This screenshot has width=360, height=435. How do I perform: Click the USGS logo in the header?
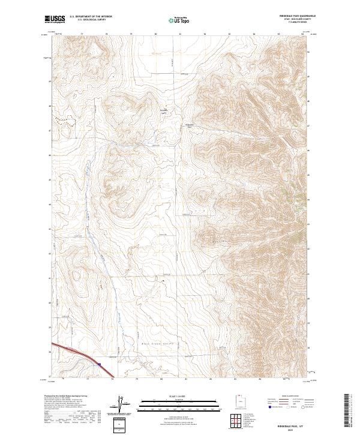point(55,19)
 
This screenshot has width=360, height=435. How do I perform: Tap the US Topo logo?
point(173,20)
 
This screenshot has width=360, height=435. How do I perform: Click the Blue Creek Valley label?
point(155,343)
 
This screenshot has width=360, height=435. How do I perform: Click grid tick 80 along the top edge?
point(156,34)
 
